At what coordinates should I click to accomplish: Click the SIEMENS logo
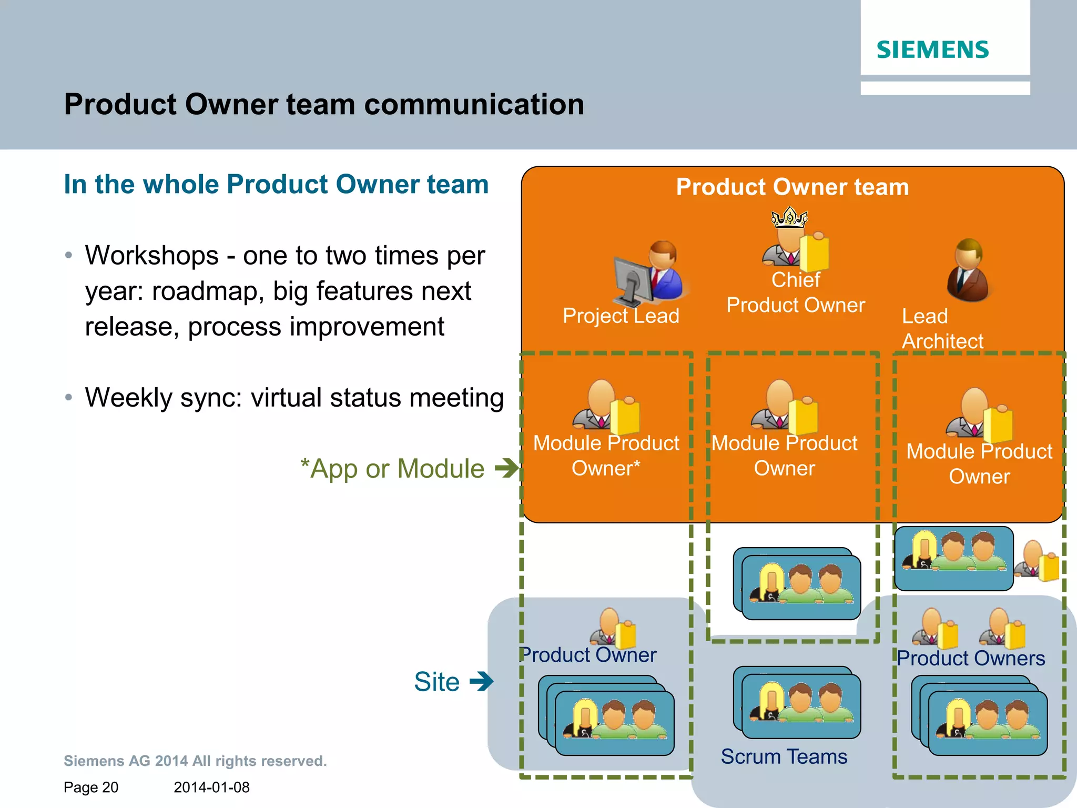pyautogui.click(x=932, y=49)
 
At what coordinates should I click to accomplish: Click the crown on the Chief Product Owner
pyautogui.click(x=789, y=217)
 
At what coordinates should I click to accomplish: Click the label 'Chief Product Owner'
pyautogui.click(x=795, y=292)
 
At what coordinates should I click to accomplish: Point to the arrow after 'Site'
pyautogui.click(x=481, y=681)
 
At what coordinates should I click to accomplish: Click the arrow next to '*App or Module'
pyautogui.click(x=506, y=468)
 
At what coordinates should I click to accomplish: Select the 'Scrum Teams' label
pyautogui.click(x=784, y=756)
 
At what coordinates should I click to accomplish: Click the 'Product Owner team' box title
pyautogui.click(x=792, y=187)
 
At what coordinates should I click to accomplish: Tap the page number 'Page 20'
pyautogui.click(x=91, y=787)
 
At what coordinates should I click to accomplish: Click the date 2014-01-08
pyautogui.click(x=211, y=787)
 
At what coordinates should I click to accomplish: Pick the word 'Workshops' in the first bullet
pyautogui.click(x=152, y=256)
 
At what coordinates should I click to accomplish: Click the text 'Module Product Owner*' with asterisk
pyautogui.click(x=606, y=455)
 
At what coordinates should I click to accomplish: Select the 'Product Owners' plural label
pyautogui.click(x=970, y=658)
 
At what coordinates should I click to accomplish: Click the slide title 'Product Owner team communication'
pyautogui.click(x=324, y=104)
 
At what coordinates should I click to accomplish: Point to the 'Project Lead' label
pyautogui.click(x=621, y=316)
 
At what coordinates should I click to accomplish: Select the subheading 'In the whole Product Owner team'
pyautogui.click(x=276, y=185)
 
